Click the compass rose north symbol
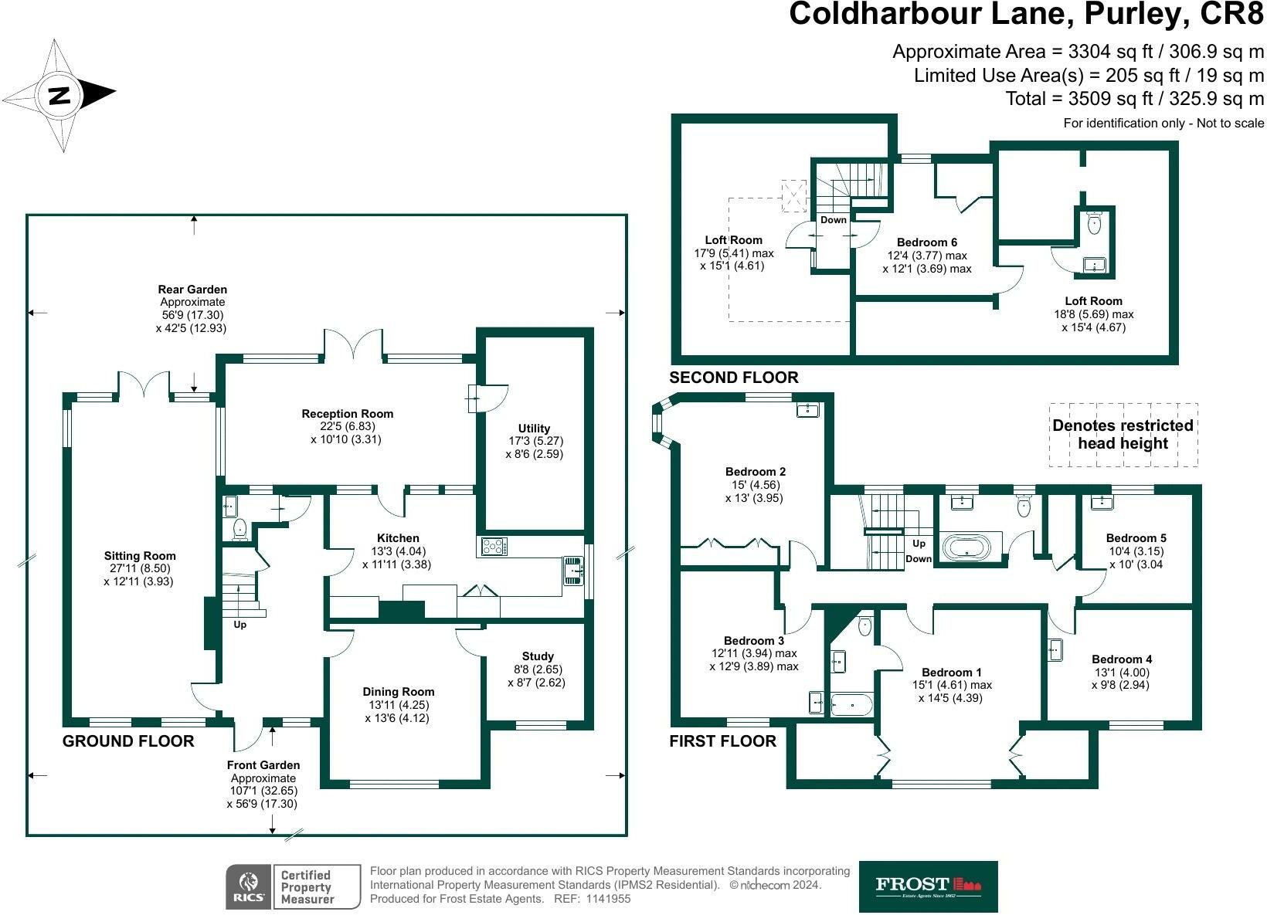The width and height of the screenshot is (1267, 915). [x=59, y=95]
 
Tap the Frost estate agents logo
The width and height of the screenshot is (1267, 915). [x=928, y=886]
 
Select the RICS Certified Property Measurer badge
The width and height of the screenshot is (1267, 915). [x=293, y=886]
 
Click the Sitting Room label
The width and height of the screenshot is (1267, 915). [x=140, y=556]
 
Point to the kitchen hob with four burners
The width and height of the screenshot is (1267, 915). [x=494, y=547]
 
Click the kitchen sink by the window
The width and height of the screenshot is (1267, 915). [x=572, y=571]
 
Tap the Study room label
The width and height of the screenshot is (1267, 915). [x=537, y=656]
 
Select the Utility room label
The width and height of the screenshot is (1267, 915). [x=534, y=429]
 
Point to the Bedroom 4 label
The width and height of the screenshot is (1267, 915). [x=1122, y=659]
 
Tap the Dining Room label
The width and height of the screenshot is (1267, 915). [x=398, y=692]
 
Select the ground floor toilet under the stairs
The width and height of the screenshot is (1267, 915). [x=239, y=529]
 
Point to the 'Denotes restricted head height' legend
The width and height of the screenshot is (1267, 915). [x=1123, y=435]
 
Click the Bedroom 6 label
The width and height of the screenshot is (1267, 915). [x=926, y=242]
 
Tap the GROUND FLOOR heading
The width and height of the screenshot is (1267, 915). [x=128, y=741]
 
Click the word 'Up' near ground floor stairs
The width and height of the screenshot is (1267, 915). [x=239, y=625]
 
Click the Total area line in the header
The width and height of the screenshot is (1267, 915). [x=1134, y=99]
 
